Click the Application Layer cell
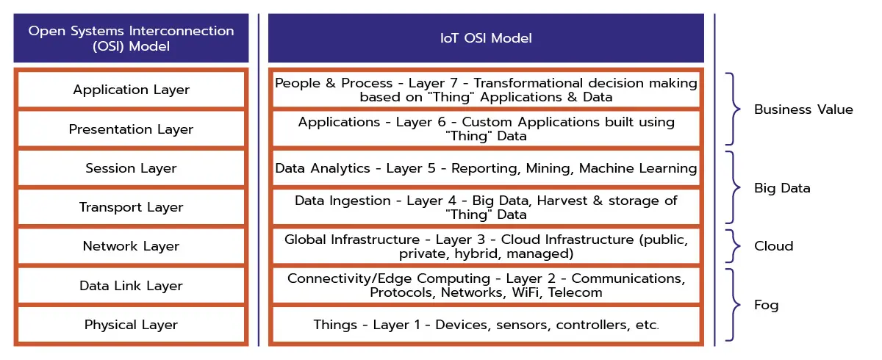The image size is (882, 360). (131, 90)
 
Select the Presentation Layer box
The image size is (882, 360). (131, 129)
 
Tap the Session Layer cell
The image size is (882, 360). (131, 168)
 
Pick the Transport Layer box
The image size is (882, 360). (131, 207)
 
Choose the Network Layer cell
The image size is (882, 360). (131, 246)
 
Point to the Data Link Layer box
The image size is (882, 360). (131, 286)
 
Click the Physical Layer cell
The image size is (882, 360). (131, 325)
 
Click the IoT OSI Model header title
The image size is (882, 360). (486, 38)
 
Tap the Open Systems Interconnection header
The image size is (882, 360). (131, 38)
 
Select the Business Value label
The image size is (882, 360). (803, 109)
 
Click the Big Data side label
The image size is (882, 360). (782, 189)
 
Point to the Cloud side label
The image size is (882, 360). (773, 246)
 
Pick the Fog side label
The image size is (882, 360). (766, 306)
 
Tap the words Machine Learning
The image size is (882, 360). (638, 168)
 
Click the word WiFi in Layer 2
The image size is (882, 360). (526, 292)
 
